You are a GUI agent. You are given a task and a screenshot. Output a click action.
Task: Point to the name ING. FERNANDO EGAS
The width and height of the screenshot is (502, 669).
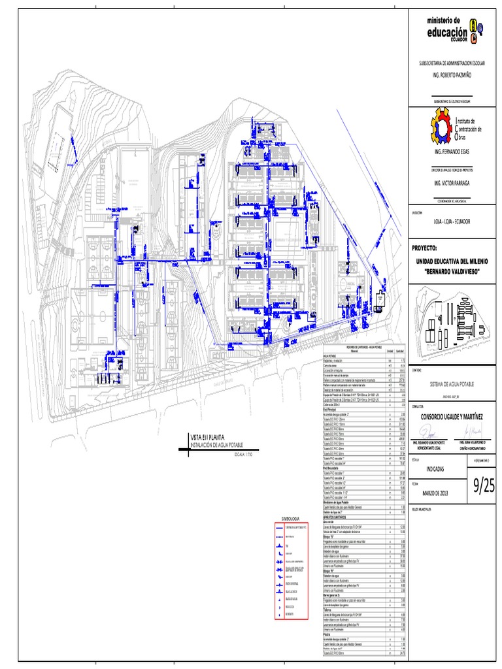pyautogui.click(x=452, y=151)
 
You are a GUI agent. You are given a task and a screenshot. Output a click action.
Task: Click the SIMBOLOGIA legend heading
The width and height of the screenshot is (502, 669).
pyautogui.click(x=290, y=518)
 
